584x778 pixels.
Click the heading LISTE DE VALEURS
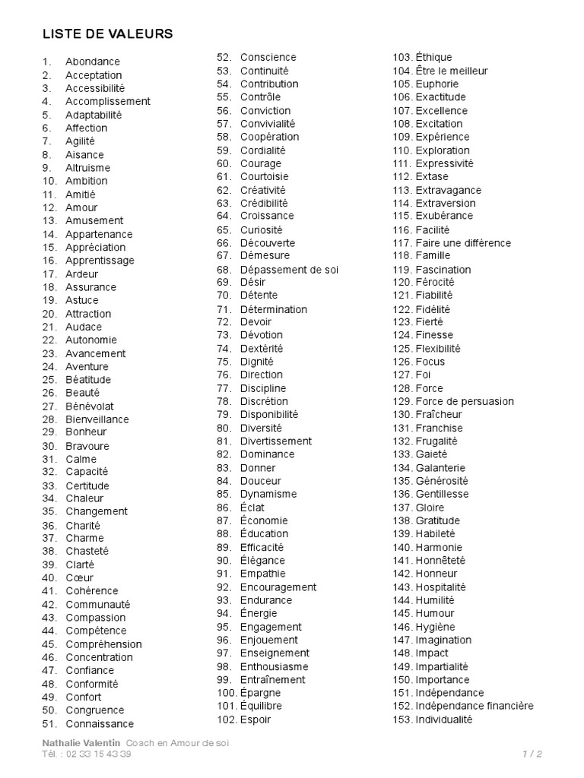pyautogui.click(x=106, y=33)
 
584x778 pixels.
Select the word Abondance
pyautogui.click(x=93, y=62)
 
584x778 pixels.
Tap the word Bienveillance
pyautogui.click(x=97, y=419)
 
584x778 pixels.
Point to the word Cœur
pyautogui.click(x=80, y=577)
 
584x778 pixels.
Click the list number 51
pyautogui.click(x=49, y=723)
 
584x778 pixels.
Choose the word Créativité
pyautogui.click(x=263, y=190)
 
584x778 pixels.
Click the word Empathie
pyautogui.click(x=263, y=574)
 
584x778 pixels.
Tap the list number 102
pyautogui.click(x=227, y=719)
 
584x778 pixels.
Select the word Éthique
pyautogui.click(x=433, y=57)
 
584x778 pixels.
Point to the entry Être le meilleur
pyautogui.click(x=452, y=71)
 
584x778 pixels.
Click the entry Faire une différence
pyautogui.click(x=463, y=243)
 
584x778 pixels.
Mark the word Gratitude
pyautogui.click(x=438, y=520)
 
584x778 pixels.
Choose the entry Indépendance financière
pyautogui.click(x=474, y=706)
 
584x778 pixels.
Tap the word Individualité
pyautogui.click(x=444, y=719)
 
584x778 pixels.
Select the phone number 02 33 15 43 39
pyautogui.click(x=99, y=754)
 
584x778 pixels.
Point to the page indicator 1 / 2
pyautogui.click(x=532, y=754)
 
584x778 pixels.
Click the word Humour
pyautogui.click(x=435, y=613)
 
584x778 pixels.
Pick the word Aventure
pyautogui.click(x=87, y=367)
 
